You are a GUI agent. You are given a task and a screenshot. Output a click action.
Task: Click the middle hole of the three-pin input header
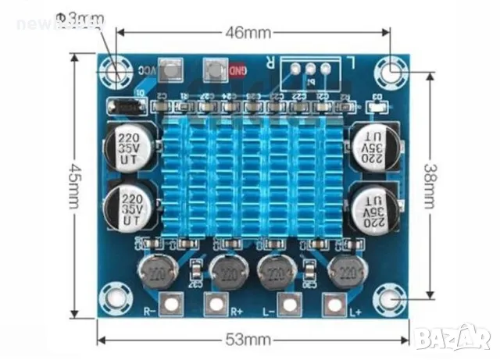point(311,69)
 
